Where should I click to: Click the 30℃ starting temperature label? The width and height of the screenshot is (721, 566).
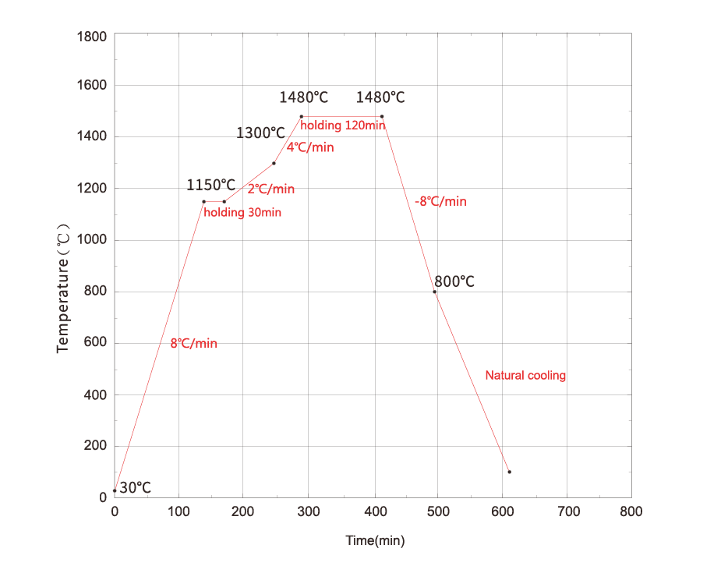tap(136, 488)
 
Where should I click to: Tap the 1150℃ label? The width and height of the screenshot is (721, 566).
tap(210, 185)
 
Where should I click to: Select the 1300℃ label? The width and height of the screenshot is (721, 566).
tap(260, 133)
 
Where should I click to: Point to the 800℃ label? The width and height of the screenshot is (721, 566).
tap(454, 281)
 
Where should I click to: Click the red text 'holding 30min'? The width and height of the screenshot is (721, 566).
tap(243, 212)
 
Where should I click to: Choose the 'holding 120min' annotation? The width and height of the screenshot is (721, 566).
tap(343, 126)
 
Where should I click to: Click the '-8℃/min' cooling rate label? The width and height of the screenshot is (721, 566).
tap(440, 201)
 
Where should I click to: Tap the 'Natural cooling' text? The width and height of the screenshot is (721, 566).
tap(525, 376)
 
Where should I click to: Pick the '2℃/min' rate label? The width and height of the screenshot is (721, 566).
tap(271, 189)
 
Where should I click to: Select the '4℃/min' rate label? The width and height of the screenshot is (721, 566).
tap(310, 147)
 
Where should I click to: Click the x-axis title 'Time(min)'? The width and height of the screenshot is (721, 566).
tap(375, 540)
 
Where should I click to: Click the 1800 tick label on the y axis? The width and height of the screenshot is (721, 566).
tap(92, 36)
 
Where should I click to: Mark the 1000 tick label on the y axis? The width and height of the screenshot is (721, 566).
tap(92, 240)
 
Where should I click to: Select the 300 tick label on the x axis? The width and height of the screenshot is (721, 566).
tap(308, 512)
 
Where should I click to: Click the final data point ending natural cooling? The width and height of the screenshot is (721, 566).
tap(509, 472)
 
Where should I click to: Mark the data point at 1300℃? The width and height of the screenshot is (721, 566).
tap(274, 163)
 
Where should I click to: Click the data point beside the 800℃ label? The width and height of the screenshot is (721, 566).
tap(435, 292)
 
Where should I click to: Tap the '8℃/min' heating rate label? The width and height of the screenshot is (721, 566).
tap(193, 343)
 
